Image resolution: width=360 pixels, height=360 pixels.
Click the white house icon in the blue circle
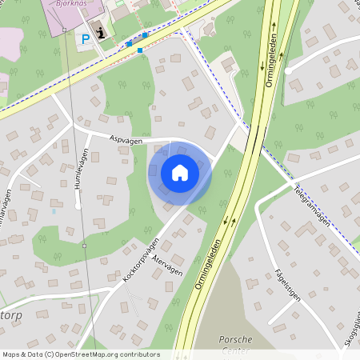[x=180, y=173]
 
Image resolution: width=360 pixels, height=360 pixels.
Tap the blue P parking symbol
[x=86, y=38]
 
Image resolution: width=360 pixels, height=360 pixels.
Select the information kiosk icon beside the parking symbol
[x=100, y=33]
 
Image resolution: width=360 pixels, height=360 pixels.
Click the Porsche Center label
[x=235, y=344]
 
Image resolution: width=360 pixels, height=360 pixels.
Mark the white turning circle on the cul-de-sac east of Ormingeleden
[x=287, y=70]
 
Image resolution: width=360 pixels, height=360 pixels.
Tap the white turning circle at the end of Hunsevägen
[x=78, y=206]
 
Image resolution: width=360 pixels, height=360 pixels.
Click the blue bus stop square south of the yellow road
[x=140, y=50]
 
